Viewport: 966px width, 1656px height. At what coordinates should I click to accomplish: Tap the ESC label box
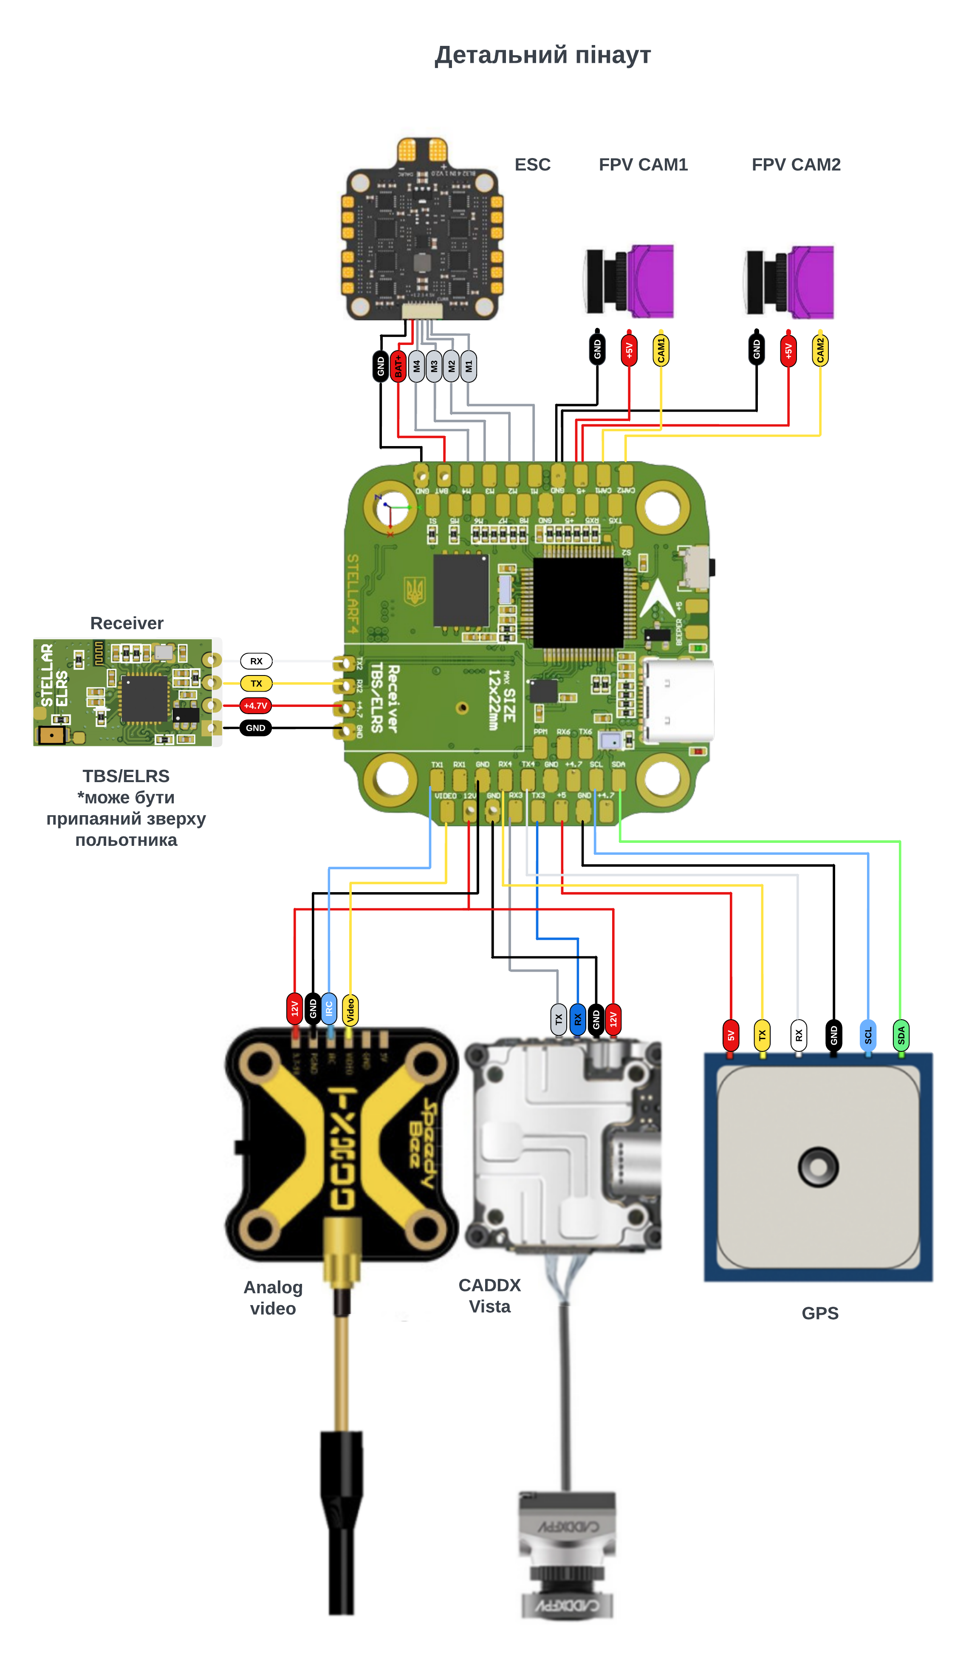point(533,165)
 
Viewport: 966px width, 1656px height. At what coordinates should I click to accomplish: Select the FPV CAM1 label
point(643,165)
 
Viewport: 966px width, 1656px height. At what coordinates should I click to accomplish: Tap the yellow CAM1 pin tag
point(661,350)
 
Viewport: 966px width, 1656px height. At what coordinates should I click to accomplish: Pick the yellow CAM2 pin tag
point(820,350)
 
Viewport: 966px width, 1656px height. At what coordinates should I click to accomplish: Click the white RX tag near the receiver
point(256,661)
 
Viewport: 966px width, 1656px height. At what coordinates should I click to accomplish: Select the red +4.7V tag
point(256,706)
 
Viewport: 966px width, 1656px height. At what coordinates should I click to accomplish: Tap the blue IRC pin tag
point(328,1009)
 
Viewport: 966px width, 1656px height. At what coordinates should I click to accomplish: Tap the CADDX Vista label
point(489,1295)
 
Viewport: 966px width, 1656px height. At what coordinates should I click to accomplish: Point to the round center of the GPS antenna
point(818,1167)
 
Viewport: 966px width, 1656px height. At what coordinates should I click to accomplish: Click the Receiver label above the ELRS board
point(126,622)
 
